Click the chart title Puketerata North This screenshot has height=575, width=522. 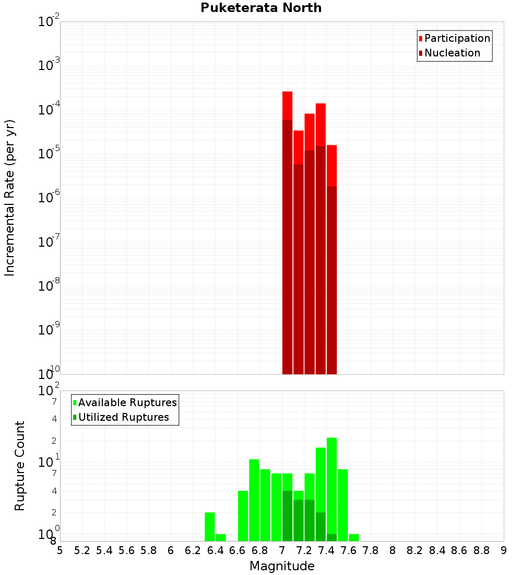(x=261, y=8)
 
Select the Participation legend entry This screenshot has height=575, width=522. (x=457, y=38)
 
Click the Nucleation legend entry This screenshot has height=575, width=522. (x=452, y=53)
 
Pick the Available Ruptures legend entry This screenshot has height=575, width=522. (x=127, y=402)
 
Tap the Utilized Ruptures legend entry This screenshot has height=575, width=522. (x=123, y=417)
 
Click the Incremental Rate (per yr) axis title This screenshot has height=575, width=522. (x=10, y=198)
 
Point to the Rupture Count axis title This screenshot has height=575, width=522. (x=20, y=466)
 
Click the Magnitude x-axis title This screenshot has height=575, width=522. (x=282, y=566)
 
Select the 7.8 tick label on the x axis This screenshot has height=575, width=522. (x=371, y=550)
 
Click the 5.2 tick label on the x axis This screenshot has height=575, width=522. (x=82, y=550)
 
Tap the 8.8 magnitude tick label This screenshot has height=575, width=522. (x=481, y=550)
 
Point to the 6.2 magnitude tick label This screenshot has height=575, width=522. (x=193, y=550)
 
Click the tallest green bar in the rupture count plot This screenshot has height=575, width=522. (x=331, y=486)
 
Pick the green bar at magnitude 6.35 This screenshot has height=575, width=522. (x=209, y=526)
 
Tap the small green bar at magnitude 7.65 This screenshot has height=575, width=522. (x=354, y=537)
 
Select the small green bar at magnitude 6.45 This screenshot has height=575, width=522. (x=221, y=537)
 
